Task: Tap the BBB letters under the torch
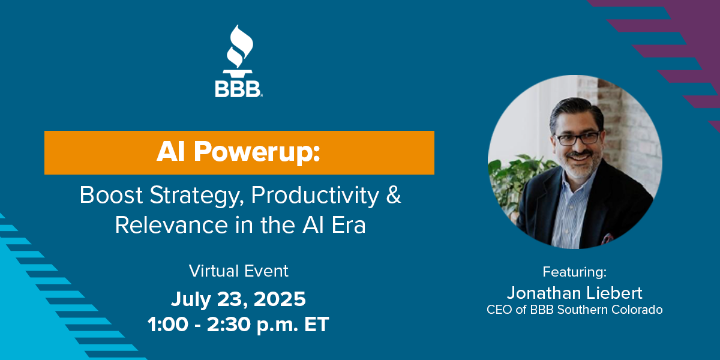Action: pyautogui.click(x=238, y=89)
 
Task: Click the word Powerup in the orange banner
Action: pyautogui.click(x=257, y=152)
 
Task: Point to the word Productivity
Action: pyautogui.click(x=315, y=196)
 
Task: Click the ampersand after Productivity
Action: pyautogui.click(x=394, y=194)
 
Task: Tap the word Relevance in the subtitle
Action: pyautogui.click(x=172, y=225)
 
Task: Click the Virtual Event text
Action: pyautogui.click(x=239, y=271)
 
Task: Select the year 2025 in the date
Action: pyautogui.click(x=280, y=299)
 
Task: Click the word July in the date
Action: pyautogui.click(x=191, y=300)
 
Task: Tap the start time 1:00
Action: pyautogui.click(x=168, y=325)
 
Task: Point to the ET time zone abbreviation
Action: pyautogui.click(x=317, y=325)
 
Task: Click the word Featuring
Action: pyautogui.click(x=575, y=272)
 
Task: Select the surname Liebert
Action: pyautogui.click(x=614, y=293)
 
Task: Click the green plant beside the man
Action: pyautogui.click(x=511, y=183)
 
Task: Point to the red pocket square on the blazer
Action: pyautogui.click(x=607, y=239)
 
